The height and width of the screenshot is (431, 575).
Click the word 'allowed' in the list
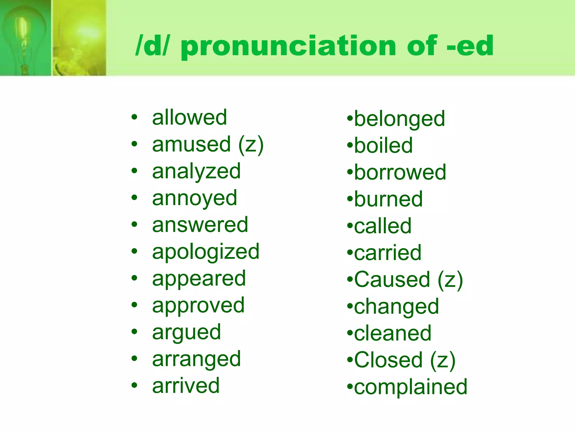(x=190, y=117)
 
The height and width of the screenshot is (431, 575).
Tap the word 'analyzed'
(x=196, y=171)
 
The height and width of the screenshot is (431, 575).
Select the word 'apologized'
(x=206, y=252)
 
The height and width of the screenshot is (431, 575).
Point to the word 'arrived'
(x=186, y=386)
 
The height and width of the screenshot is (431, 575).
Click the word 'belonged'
(x=400, y=119)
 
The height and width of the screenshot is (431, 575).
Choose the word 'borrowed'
(x=400, y=172)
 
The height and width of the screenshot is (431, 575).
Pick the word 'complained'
(x=410, y=387)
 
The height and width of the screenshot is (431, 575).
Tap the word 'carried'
(x=388, y=253)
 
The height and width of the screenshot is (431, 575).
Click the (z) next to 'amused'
(x=251, y=144)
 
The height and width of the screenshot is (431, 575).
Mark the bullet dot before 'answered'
(x=134, y=224)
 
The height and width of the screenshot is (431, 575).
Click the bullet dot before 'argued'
(x=134, y=332)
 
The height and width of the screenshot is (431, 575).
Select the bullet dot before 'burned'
(x=350, y=199)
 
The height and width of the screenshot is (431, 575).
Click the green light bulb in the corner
(x=25, y=38)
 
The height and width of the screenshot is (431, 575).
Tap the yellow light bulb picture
(x=79, y=38)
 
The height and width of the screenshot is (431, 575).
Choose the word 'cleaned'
(x=393, y=333)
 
